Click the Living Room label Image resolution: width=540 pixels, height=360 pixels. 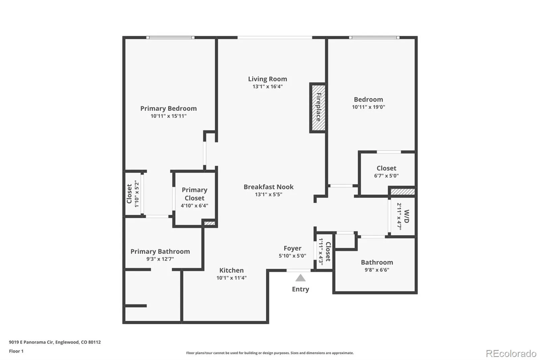coord(268,79)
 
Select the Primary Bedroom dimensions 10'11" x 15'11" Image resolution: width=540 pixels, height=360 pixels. coord(168,116)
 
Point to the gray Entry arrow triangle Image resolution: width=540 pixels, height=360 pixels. coord(300,278)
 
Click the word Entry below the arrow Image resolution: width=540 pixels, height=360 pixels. coord(300,289)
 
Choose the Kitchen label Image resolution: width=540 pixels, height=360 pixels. coord(232,270)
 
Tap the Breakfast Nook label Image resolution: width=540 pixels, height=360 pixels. coord(269,187)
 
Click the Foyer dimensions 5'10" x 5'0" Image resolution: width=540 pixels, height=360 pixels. coord(292,256)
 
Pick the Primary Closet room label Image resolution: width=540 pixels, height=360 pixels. coord(194,194)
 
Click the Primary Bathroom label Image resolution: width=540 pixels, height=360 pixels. coord(160,251)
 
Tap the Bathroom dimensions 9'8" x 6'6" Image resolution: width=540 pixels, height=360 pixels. coord(377,270)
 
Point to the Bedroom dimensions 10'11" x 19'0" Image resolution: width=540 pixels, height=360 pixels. coord(368,107)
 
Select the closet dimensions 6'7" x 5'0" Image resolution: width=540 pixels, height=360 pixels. coord(386,176)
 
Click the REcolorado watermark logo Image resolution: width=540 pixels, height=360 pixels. coord(511,354)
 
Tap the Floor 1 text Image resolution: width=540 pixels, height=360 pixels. coord(16,351)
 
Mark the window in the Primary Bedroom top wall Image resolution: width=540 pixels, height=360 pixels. coord(170,37)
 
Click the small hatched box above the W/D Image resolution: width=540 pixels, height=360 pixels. coord(403,192)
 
